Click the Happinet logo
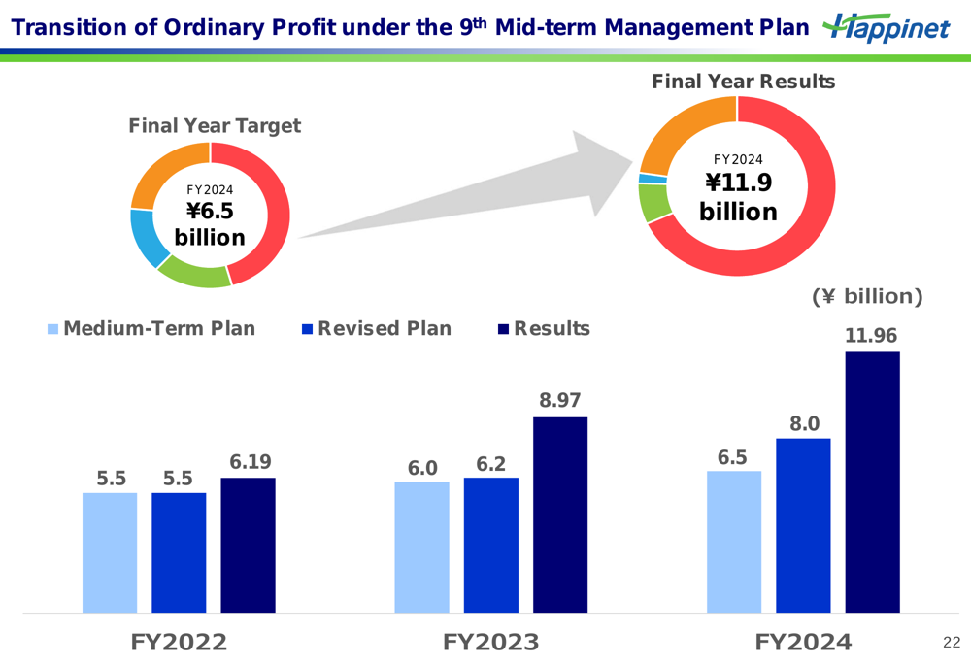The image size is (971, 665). [886, 28]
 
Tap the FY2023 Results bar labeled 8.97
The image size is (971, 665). [560, 515]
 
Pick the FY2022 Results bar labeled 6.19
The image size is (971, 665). [248, 545]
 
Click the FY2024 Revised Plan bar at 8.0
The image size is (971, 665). [803, 525]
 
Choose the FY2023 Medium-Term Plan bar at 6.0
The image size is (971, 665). [421, 547]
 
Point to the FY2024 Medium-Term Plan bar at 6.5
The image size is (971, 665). [734, 542]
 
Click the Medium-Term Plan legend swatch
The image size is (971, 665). [53, 329]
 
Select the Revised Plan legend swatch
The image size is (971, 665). [308, 329]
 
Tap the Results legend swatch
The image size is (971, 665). [503, 329]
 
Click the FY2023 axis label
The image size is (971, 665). [490, 642]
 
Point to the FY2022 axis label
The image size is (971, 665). [179, 642]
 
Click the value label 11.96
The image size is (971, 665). [871, 336]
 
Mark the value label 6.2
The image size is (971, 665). [491, 464]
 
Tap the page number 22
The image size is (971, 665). [951, 643]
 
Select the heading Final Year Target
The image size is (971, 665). [215, 126]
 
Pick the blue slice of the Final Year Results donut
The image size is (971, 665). [647, 178]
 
